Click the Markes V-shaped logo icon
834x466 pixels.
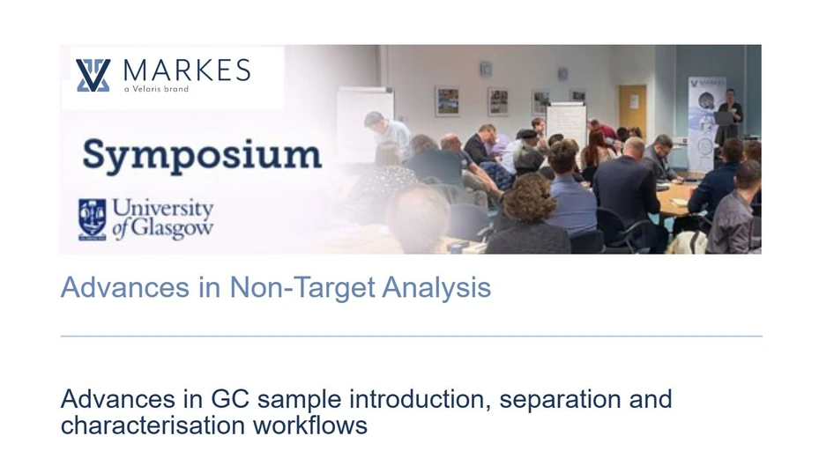point(93,75)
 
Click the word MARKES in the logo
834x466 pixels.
point(186,70)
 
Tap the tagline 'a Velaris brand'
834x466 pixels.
point(156,89)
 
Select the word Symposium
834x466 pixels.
point(202,156)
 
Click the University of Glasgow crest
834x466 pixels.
point(92,219)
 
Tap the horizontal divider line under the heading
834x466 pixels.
point(411,336)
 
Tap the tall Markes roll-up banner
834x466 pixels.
point(706,123)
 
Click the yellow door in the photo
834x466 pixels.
point(632,110)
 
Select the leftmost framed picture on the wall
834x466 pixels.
point(447,101)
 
